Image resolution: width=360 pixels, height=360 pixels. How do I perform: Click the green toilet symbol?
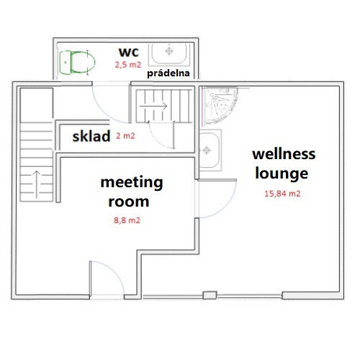pos(77,63)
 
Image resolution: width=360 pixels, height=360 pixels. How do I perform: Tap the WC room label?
pos(129,52)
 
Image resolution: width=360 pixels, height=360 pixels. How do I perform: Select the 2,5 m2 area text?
pos(128,65)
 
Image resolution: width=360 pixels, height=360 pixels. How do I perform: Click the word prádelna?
pos(168,73)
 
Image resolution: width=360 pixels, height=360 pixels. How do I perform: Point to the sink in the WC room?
pos(169,54)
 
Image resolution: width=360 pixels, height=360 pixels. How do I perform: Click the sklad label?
pos(91,136)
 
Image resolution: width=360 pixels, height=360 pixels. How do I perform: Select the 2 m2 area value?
pos(125,136)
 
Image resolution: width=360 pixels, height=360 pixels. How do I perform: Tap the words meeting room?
pos(132,192)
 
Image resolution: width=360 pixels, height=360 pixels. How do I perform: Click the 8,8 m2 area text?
pos(127,220)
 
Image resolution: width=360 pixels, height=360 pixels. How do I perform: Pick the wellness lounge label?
pos(284,163)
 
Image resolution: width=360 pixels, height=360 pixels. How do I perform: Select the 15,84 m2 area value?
pos(282,194)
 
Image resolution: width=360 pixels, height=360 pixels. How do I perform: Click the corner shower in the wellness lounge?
pos(219,106)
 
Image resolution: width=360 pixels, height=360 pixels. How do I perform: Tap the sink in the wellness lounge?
pos(210,150)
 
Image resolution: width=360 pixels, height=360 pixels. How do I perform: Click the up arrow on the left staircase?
pos(37,184)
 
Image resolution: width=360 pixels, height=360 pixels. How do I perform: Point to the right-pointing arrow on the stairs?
pos(153,106)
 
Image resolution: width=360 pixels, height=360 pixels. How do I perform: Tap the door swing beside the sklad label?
pos(158,140)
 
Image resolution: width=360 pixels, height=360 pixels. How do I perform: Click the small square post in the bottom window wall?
pos(210,295)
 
